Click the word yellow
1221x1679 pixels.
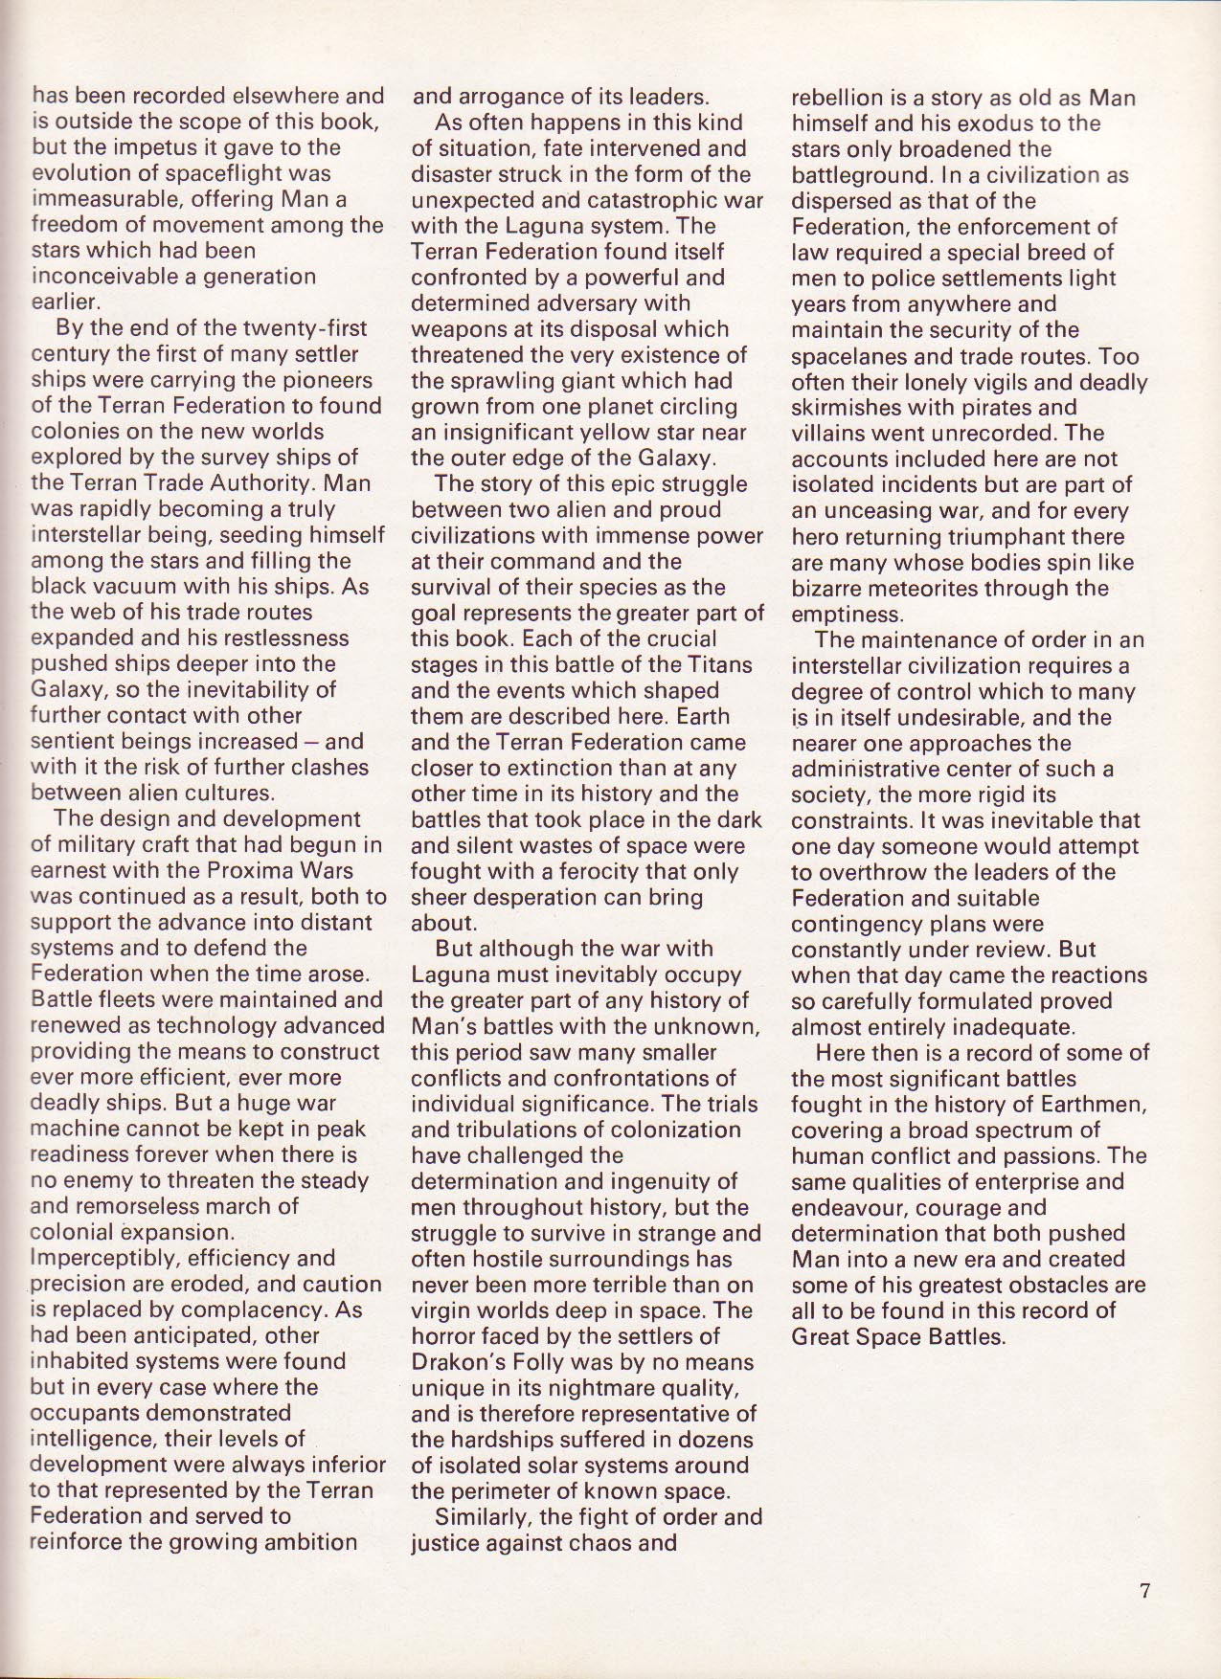coord(631,433)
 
